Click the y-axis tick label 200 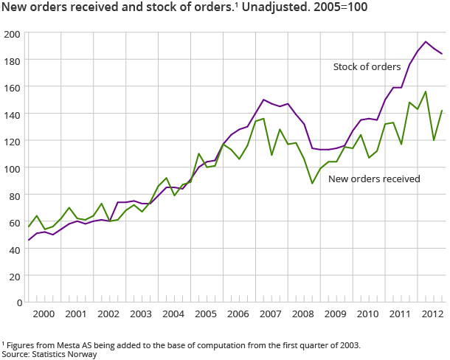[x=13, y=34]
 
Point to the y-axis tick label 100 [x=13, y=168]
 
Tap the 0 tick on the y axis [x=17, y=302]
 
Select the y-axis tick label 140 [x=13, y=114]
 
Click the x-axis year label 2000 [x=43, y=314]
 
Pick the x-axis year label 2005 [x=204, y=314]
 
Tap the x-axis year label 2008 [x=302, y=314]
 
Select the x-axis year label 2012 [x=431, y=314]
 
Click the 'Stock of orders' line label [x=367, y=66]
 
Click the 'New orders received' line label [x=373, y=179]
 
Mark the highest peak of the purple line [x=426, y=42]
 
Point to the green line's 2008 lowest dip [x=312, y=183]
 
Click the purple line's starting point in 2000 [x=30, y=240]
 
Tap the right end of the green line [x=442, y=111]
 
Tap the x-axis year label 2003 [x=140, y=314]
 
